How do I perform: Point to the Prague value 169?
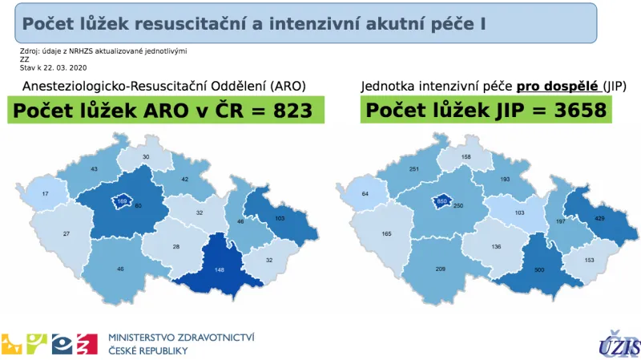click(122, 201)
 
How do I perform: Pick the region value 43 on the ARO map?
click(93, 168)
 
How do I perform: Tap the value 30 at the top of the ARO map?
click(146, 156)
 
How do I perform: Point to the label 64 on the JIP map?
click(366, 193)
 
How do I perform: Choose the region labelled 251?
click(414, 169)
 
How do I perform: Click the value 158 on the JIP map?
click(466, 156)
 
